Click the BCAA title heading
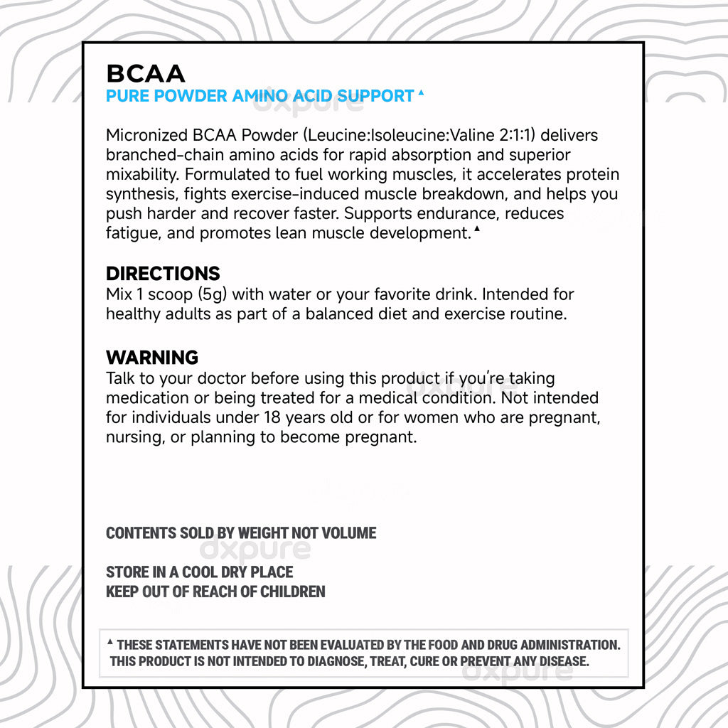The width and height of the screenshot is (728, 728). click(x=146, y=73)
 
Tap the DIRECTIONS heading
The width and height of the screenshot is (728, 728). click(x=163, y=274)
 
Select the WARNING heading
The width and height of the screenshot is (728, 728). click(x=152, y=357)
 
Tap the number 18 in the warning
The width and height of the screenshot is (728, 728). click(x=273, y=417)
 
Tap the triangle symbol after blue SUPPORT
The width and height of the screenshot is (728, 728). click(x=421, y=92)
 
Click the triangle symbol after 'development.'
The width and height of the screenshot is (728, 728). click(x=476, y=229)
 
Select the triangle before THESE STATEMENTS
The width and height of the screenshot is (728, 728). click(x=110, y=643)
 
